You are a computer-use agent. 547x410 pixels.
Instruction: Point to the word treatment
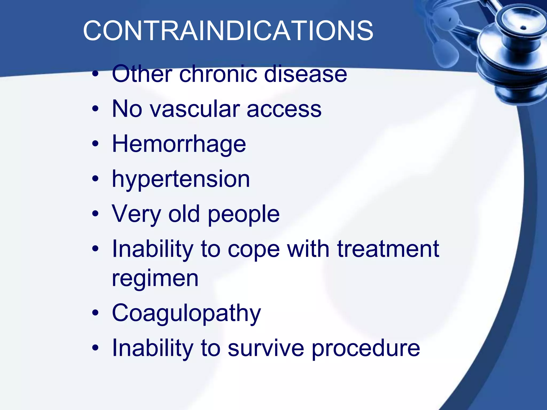388,249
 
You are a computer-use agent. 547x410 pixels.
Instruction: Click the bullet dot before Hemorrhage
95,144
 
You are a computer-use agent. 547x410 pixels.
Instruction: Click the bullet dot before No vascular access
95,109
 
